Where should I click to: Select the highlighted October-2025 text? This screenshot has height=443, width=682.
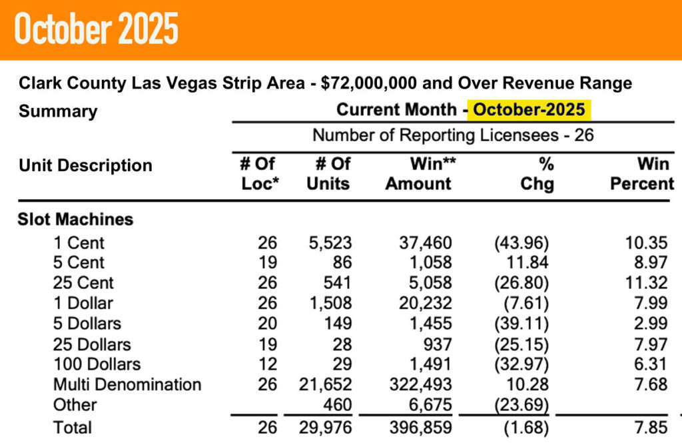pyautogui.click(x=529, y=109)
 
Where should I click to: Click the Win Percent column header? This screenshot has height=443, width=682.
pyautogui.click(x=642, y=173)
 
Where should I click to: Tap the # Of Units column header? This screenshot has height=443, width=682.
pyautogui.click(x=328, y=173)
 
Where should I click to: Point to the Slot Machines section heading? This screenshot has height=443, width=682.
pyautogui.click(x=75, y=219)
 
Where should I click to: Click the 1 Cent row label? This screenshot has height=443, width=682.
pyautogui.click(x=80, y=243)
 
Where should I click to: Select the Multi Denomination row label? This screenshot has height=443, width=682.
pyautogui.click(x=128, y=384)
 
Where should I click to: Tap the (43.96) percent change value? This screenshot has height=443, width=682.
pyautogui.click(x=525, y=243)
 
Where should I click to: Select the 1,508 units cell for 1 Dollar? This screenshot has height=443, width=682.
pyautogui.click(x=329, y=303)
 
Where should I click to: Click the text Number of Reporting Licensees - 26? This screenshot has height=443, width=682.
pyautogui.click(x=453, y=135)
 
